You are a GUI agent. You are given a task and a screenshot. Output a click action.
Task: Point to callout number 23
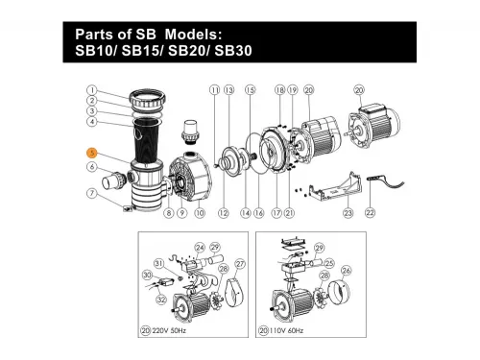tap(348, 212)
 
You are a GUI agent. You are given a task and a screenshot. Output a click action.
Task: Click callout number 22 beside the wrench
tap(371, 212)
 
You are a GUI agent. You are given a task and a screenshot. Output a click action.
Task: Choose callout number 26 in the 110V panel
tap(346, 270)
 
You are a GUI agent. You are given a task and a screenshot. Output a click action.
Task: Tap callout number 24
tap(201, 247)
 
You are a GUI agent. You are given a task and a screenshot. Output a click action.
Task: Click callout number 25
tap(329, 261)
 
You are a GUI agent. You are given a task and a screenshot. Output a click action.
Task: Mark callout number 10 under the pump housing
tap(201, 212)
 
